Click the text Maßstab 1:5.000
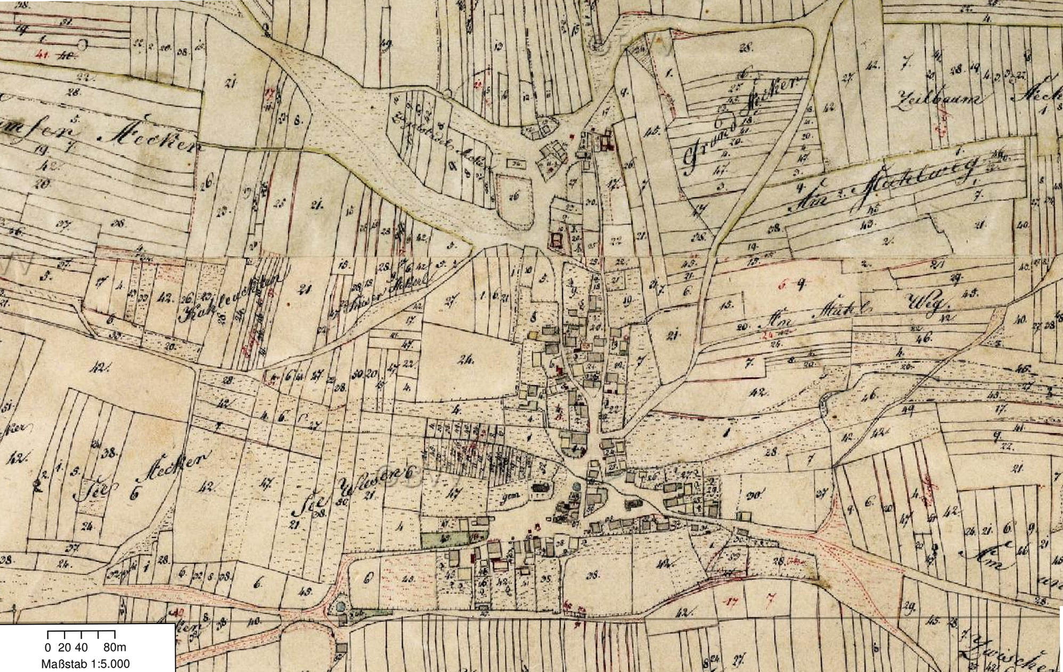[x=85, y=664]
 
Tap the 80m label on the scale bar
[x=115, y=648]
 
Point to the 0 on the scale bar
[x=48, y=648]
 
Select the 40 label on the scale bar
[x=81, y=648]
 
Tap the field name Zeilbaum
[x=937, y=99]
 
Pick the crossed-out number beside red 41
[x=66, y=54]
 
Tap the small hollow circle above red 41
[x=83, y=43]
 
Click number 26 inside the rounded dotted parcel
[x=513, y=196]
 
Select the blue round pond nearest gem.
[x=576, y=486]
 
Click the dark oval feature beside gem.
[x=539, y=487]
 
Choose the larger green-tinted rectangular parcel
[x=445, y=538]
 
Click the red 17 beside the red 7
[x=733, y=602]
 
